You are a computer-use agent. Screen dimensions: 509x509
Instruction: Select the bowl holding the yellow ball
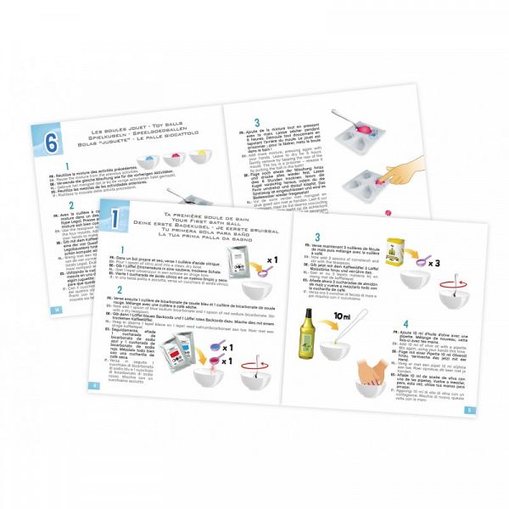pos(219,155)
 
